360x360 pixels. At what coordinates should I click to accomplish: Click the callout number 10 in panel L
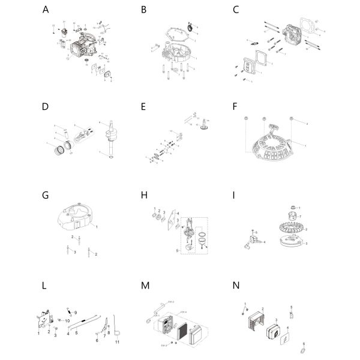(x=68, y=322)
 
